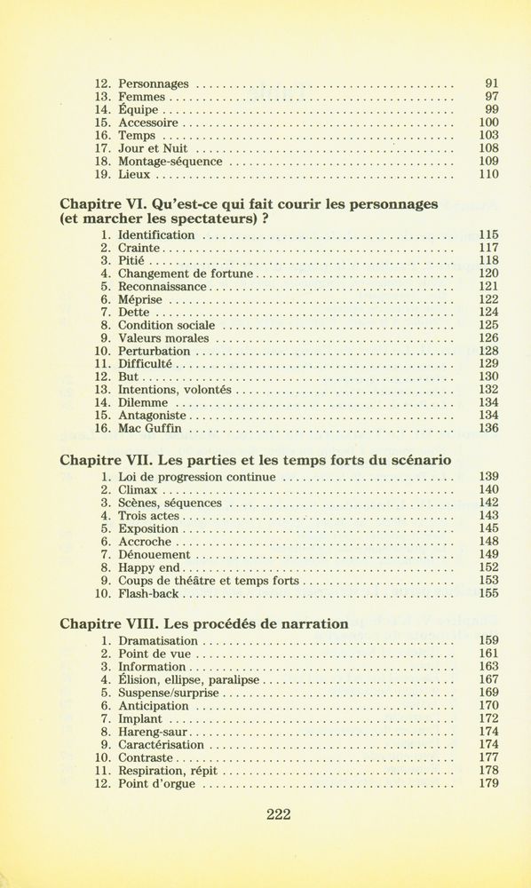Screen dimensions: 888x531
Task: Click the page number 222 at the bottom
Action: [278, 815]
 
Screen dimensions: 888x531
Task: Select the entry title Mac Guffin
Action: [149, 428]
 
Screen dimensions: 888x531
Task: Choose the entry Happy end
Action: [149, 567]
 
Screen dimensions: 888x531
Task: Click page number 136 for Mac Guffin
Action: [488, 428]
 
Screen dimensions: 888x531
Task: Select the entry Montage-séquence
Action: [170, 162]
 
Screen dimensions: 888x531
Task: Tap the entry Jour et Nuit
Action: [153, 149]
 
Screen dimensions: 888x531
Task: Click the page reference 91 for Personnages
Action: [492, 84]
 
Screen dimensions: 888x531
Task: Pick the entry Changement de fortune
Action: [186, 274]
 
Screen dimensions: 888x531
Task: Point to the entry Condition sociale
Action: [166, 326]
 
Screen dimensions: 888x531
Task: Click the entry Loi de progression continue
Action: [197, 477]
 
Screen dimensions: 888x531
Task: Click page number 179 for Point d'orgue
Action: [488, 783]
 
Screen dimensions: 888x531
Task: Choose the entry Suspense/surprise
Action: [168, 693]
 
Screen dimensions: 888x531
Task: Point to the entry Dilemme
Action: [144, 402]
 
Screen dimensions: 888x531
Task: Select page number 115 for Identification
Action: [488, 235]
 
